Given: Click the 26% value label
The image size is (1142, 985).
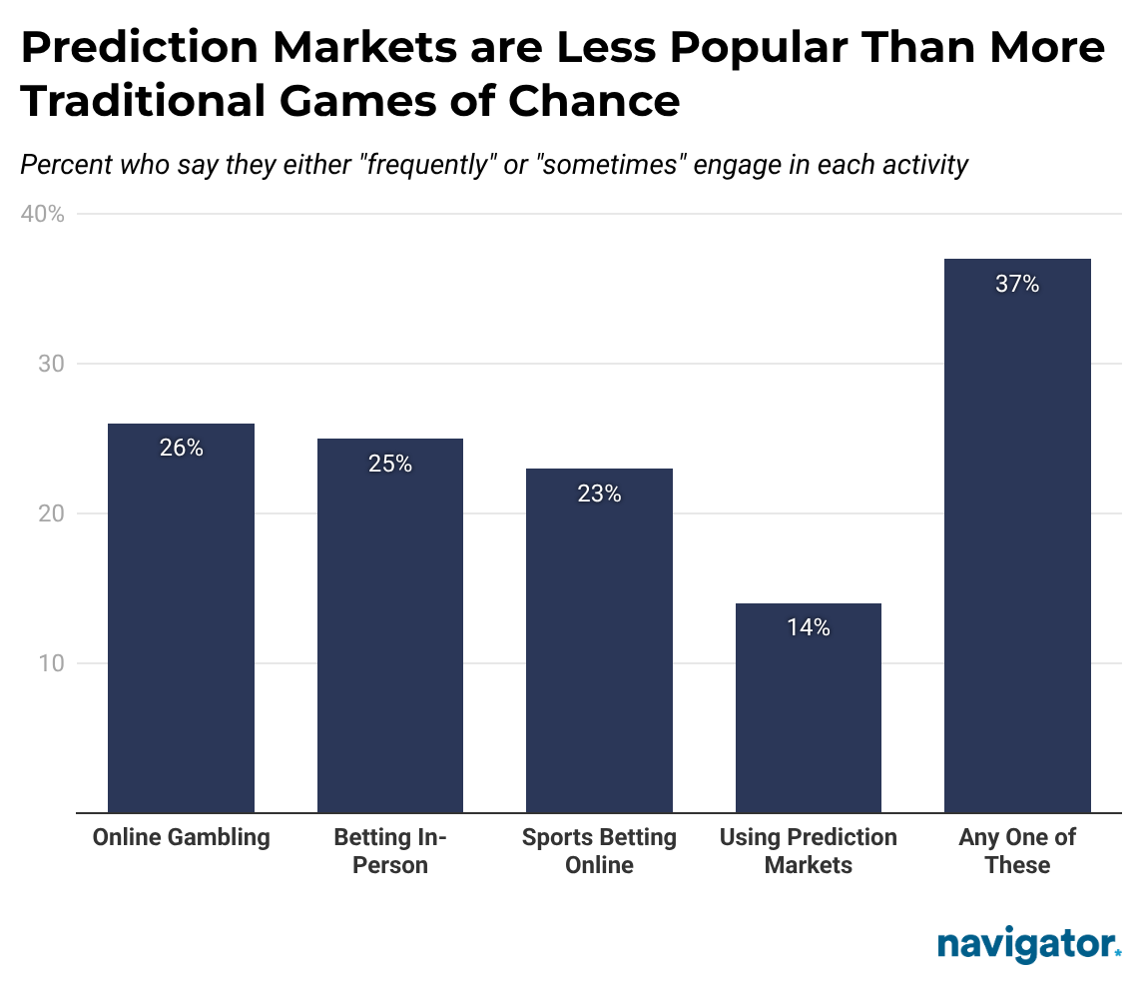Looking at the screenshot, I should [181, 449].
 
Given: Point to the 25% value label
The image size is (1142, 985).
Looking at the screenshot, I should [390, 464].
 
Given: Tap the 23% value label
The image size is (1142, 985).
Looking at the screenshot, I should [599, 493].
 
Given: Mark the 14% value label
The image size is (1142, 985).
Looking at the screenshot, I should [808, 627].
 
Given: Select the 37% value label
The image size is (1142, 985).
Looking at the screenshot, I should [1017, 285].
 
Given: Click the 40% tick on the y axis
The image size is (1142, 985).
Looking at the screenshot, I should [43, 215].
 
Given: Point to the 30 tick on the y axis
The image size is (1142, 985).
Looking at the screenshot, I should [51, 365].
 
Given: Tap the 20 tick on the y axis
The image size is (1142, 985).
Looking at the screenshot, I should [51, 514].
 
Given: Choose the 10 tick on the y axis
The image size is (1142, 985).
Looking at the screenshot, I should [51, 664].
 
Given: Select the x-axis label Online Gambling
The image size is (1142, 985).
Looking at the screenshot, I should [181, 837].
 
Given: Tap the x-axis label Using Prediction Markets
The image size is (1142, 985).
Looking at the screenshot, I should [808, 851].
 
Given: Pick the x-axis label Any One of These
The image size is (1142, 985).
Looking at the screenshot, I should [1017, 851].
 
